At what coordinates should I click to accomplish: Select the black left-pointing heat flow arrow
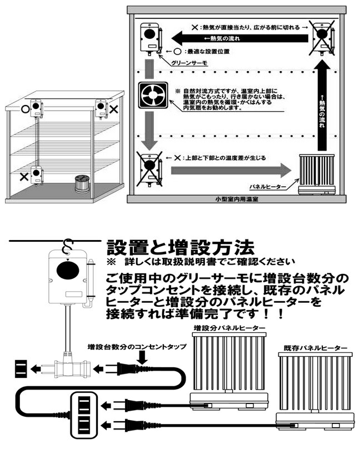tap(239, 38)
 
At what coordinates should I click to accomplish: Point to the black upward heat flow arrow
tap(322, 108)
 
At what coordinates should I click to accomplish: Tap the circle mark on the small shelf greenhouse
tap(25, 108)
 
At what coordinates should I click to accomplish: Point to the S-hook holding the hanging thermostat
tap(69, 245)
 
